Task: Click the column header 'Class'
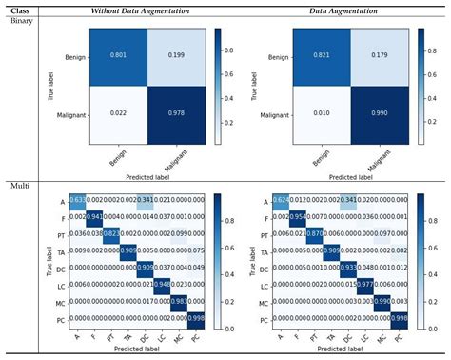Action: pyautogui.click(x=19, y=9)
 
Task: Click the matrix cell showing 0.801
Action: pyautogui.click(x=119, y=56)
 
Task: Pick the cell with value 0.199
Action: pyautogui.click(x=177, y=56)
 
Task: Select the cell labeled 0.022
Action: pyautogui.click(x=119, y=114)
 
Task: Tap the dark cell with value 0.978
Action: pyautogui.click(x=177, y=114)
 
